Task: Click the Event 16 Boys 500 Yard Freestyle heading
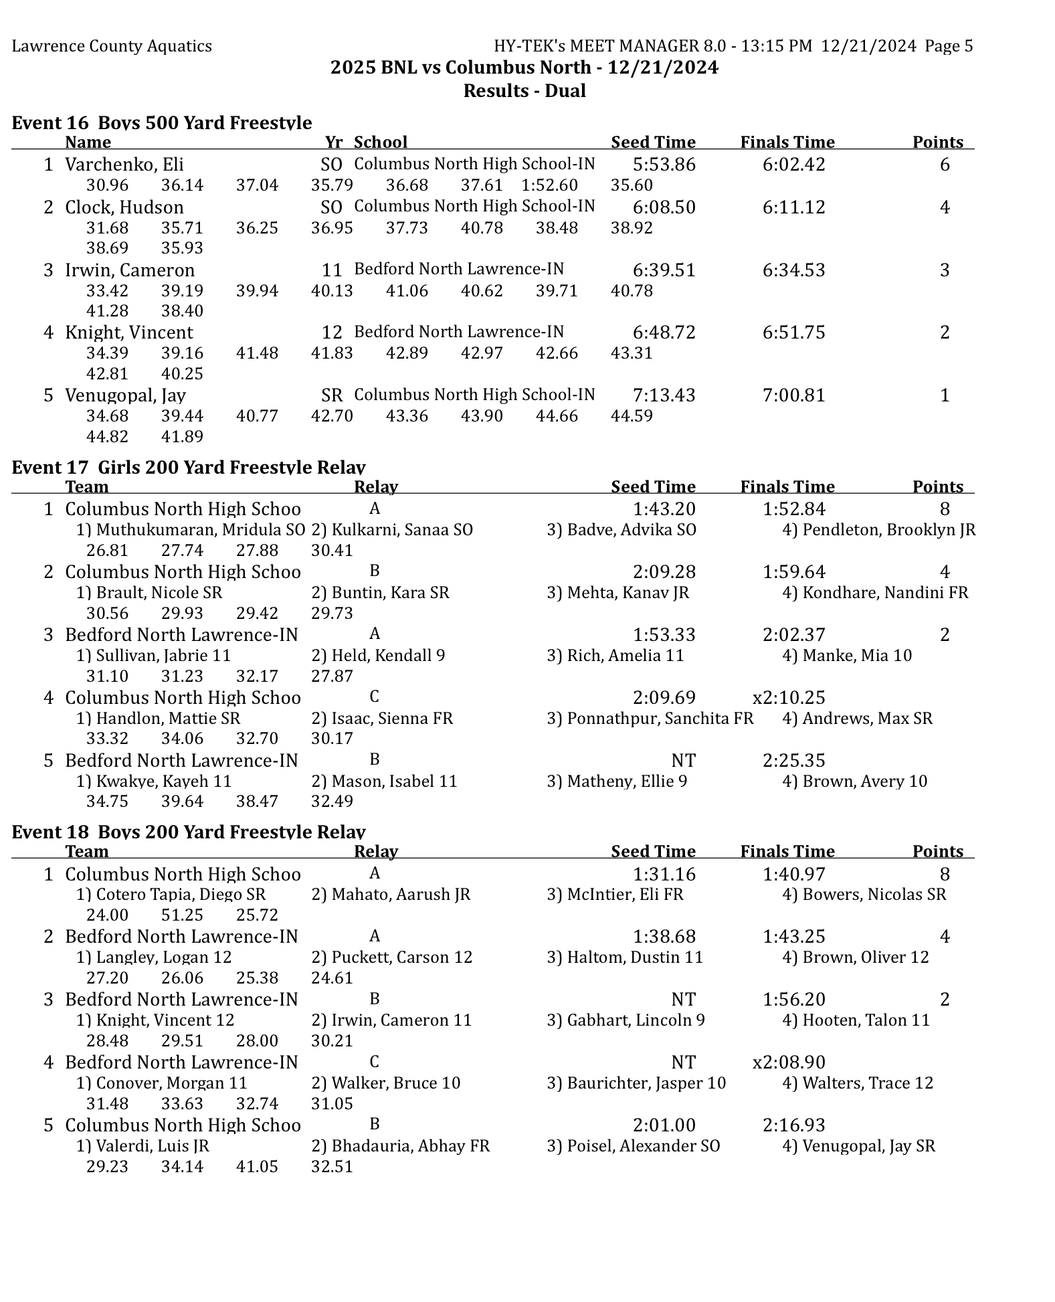pyautogui.click(x=162, y=122)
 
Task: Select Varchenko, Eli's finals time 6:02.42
pyautogui.click(x=793, y=165)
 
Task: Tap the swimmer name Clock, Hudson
pyautogui.click(x=124, y=207)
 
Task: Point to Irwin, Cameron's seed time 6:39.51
pyautogui.click(x=664, y=270)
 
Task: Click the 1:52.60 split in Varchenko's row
pyautogui.click(x=549, y=185)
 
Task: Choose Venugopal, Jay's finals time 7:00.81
pyautogui.click(x=793, y=395)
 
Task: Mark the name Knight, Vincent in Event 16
pyautogui.click(x=129, y=333)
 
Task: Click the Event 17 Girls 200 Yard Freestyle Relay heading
pyautogui.click(x=189, y=467)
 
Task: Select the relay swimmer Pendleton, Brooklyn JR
pyautogui.click(x=878, y=530)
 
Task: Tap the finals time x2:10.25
pyautogui.click(x=789, y=698)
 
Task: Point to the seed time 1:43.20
pyautogui.click(x=664, y=509)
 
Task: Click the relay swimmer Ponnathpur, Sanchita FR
pyautogui.click(x=650, y=719)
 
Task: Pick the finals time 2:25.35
pyautogui.click(x=793, y=761)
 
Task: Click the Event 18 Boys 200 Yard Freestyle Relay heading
pyautogui.click(x=189, y=832)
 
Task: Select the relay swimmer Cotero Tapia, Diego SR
pyautogui.click(x=171, y=895)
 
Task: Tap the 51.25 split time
pyautogui.click(x=182, y=915)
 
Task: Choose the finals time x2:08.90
pyautogui.click(x=789, y=1062)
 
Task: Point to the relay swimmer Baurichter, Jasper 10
pyautogui.click(x=636, y=1083)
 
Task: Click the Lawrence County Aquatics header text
pyautogui.click(x=112, y=46)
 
